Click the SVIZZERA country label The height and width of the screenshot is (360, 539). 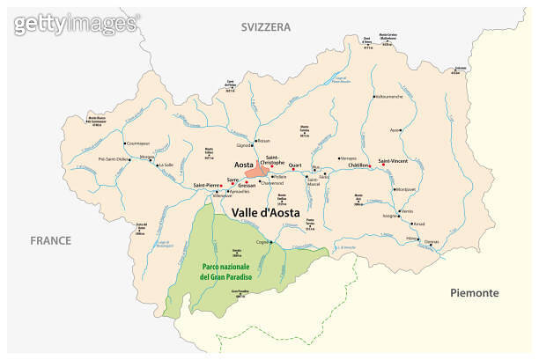click(266, 27)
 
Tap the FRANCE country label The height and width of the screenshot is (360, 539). click(49, 239)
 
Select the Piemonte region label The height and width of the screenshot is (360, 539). click(474, 292)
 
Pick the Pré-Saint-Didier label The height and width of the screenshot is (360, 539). click(113, 158)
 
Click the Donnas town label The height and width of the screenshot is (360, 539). click(432, 241)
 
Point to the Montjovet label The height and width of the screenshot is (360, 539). click(407, 189)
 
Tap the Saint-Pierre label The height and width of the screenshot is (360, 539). click(208, 185)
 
